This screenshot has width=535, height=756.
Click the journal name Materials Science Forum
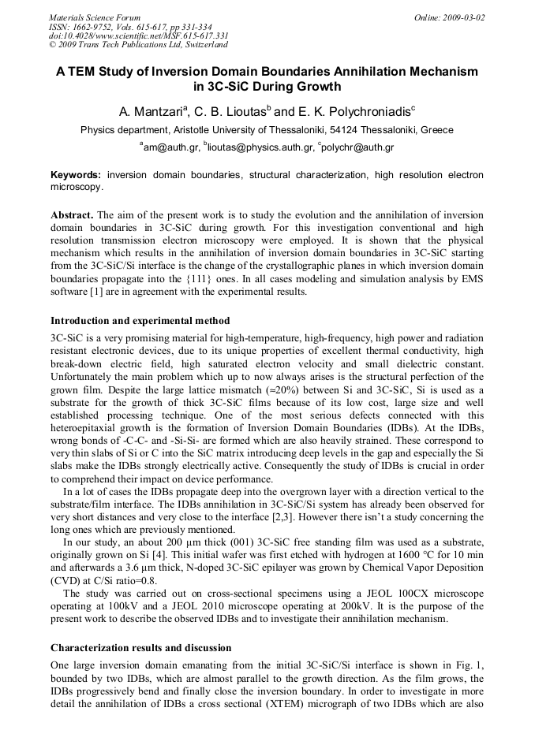[95, 17]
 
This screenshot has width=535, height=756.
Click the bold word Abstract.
[73, 215]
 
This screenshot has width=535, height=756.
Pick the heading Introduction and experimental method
[140, 321]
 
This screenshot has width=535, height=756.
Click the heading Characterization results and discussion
[141, 648]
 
